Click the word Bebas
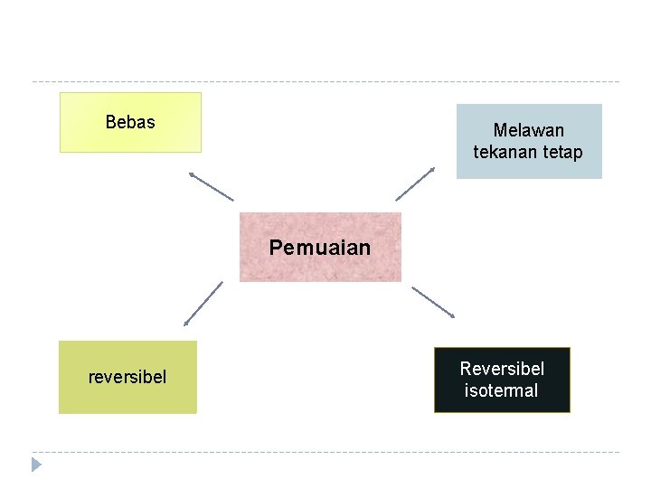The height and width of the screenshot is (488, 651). [x=130, y=122]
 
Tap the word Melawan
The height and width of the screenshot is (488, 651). [x=528, y=131]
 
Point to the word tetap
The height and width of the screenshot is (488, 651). [x=563, y=152]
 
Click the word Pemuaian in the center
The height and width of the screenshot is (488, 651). [x=320, y=248]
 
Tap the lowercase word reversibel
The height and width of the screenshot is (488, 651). [x=127, y=377]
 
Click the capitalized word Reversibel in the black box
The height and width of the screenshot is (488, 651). [x=502, y=369]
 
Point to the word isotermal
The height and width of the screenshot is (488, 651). [x=501, y=391]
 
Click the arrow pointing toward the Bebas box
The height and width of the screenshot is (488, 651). [x=212, y=185]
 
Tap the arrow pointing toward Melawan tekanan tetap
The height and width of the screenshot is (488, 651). [x=415, y=183]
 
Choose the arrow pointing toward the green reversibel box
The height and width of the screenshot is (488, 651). [x=203, y=303]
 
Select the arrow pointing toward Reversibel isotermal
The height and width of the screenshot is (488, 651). [x=433, y=302]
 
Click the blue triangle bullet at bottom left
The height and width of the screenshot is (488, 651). [x=36, y=465]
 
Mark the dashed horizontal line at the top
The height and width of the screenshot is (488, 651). [x=325, y=82]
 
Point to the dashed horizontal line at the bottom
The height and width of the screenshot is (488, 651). [x=325, y=452]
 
